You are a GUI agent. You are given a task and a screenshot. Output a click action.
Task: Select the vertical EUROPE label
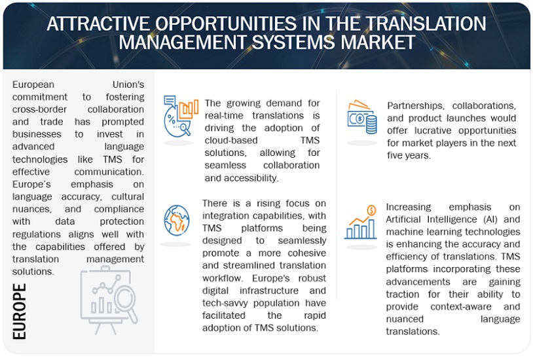tap(20, 312)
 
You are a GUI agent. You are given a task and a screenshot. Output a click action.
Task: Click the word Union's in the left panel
tap(128, 84)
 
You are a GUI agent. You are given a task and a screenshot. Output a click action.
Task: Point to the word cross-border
tap(39, 109)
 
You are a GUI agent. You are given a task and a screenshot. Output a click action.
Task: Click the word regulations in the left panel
tap(37, 234)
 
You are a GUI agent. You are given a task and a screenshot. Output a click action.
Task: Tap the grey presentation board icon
tap(109, 300)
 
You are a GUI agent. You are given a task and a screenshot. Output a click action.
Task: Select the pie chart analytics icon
tap(181, 116)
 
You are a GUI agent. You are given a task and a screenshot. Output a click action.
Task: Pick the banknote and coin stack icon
tap(362, 117)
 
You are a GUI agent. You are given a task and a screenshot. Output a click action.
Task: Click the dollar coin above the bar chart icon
tap(371, 210)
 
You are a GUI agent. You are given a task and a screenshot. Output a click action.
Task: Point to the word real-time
tap(224, 116)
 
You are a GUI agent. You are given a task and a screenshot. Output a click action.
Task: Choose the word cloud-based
tap(230, 140)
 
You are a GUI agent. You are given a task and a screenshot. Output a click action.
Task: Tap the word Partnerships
tap(415, 106)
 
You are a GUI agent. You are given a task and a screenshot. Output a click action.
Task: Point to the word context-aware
tap(460, 306)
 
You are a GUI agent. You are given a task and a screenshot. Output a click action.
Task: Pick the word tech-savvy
tap(225, 303)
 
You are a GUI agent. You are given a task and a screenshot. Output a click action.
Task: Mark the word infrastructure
tap(269, 291)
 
